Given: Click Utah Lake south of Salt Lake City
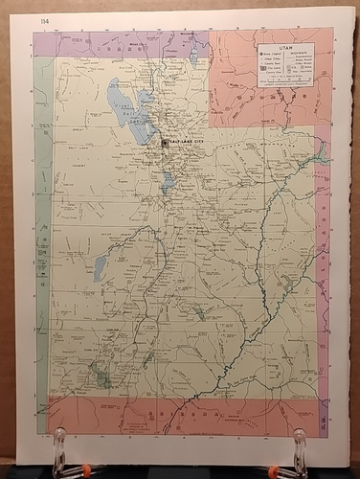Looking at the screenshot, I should point(169,181).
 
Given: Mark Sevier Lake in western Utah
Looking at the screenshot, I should point(100,268).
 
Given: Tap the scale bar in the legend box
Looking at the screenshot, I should point(284,82).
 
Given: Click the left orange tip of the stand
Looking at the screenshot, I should point(84,468).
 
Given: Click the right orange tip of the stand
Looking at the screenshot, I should point(275,468).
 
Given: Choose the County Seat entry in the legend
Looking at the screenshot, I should point(271,66).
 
